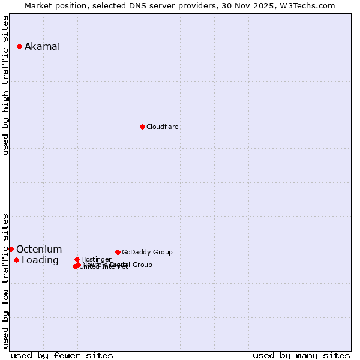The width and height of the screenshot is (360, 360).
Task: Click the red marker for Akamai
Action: (x=19, y=46)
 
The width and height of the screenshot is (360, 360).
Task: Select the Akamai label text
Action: (x=42, y=47)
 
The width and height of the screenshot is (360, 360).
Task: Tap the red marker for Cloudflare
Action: (x=142, y=127)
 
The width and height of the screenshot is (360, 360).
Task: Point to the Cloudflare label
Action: (x=162, y=127)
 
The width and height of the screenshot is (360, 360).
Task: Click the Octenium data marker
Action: (x=11, y=249)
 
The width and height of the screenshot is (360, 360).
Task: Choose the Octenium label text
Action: (x=39, y=250)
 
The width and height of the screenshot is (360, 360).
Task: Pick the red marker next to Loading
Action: (x=16, y=260)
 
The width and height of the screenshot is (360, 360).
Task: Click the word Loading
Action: (x=40, y=260)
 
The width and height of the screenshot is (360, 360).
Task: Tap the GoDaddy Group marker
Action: (x=118, y=252)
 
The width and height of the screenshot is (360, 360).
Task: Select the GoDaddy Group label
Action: (x=147, y=252)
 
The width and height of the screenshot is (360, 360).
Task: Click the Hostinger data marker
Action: (x=77, y=259)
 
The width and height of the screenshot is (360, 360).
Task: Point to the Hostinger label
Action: (x=96, y=259)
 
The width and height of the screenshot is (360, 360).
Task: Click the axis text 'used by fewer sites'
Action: (x=62, y=356)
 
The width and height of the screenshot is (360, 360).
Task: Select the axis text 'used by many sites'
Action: (x=301, y=356)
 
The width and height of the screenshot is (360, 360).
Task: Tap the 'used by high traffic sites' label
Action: (x=6, y=85)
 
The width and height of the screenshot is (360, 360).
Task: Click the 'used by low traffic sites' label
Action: (x=6, y=281)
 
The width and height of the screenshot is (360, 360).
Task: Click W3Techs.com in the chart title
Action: (x=310, y=6)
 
